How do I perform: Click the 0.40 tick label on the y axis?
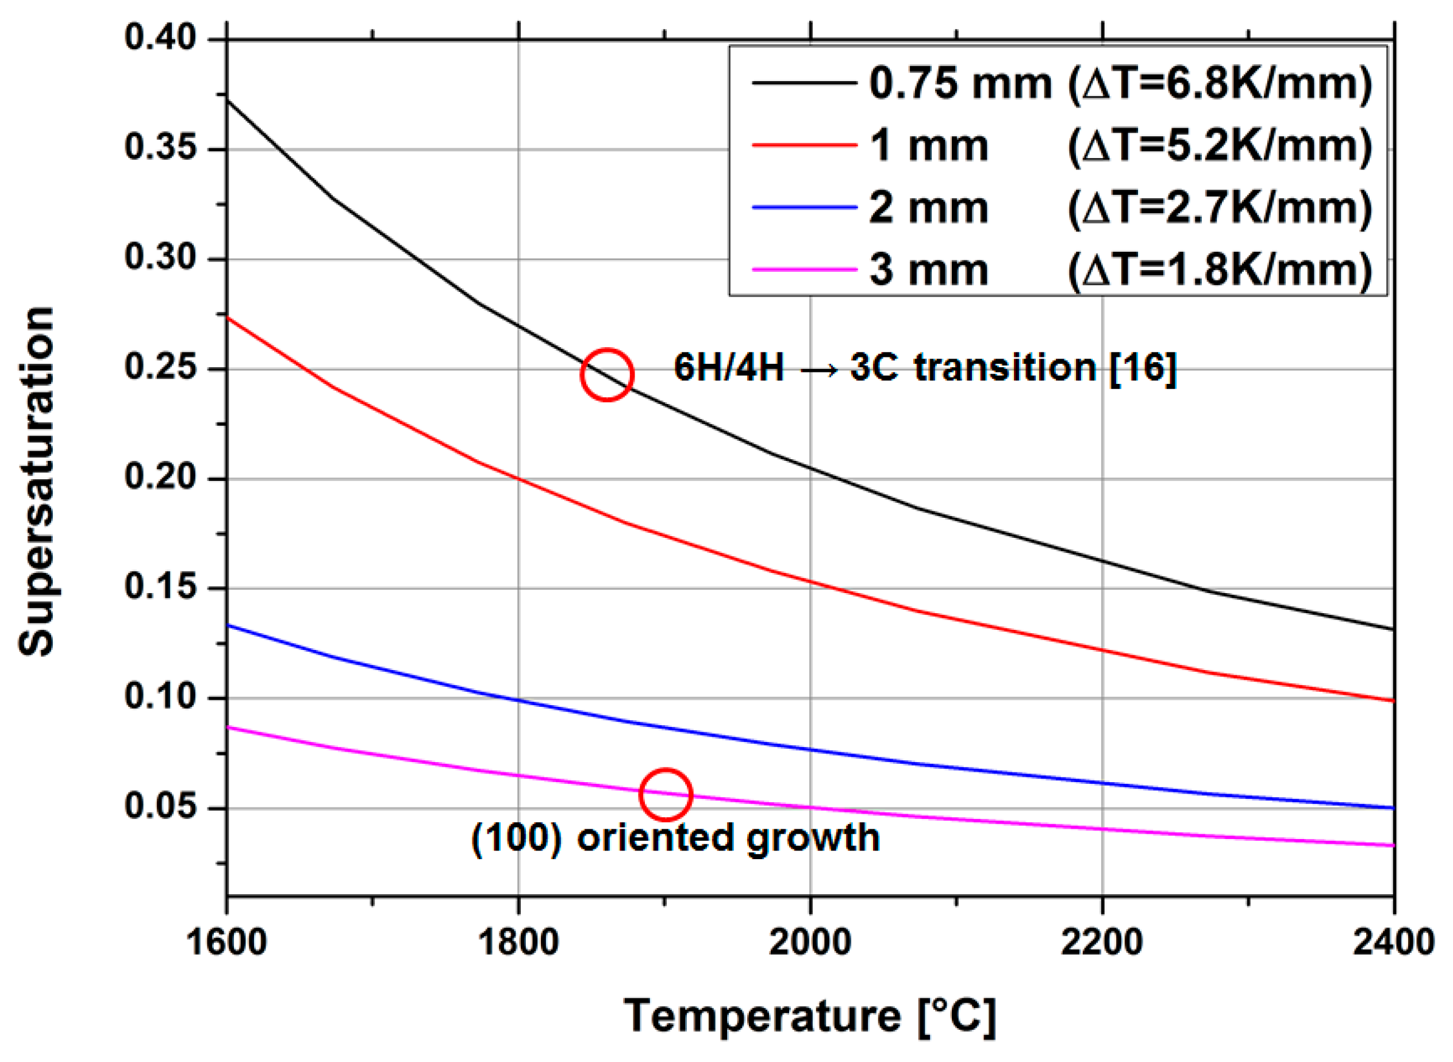[152, 37]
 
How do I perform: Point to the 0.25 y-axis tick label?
[152, 368]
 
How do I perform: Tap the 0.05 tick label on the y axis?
[152, 806]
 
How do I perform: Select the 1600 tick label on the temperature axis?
[226, 943]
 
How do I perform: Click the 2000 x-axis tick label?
[810, 943]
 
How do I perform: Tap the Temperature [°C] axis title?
[810, 1017]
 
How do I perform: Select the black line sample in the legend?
[804, 83]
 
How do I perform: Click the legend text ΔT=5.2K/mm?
[1220, 146]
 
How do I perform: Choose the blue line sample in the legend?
[804, 207]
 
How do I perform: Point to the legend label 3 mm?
[928, 270]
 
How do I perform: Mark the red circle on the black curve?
[607, 375]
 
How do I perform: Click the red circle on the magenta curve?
[666, 795]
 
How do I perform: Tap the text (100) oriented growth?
[675, 838]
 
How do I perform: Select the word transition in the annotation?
[1005, 368]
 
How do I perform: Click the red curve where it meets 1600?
[228, 318]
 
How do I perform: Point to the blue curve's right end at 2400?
[1392, 807]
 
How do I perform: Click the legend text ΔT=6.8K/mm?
[1220, 83]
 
